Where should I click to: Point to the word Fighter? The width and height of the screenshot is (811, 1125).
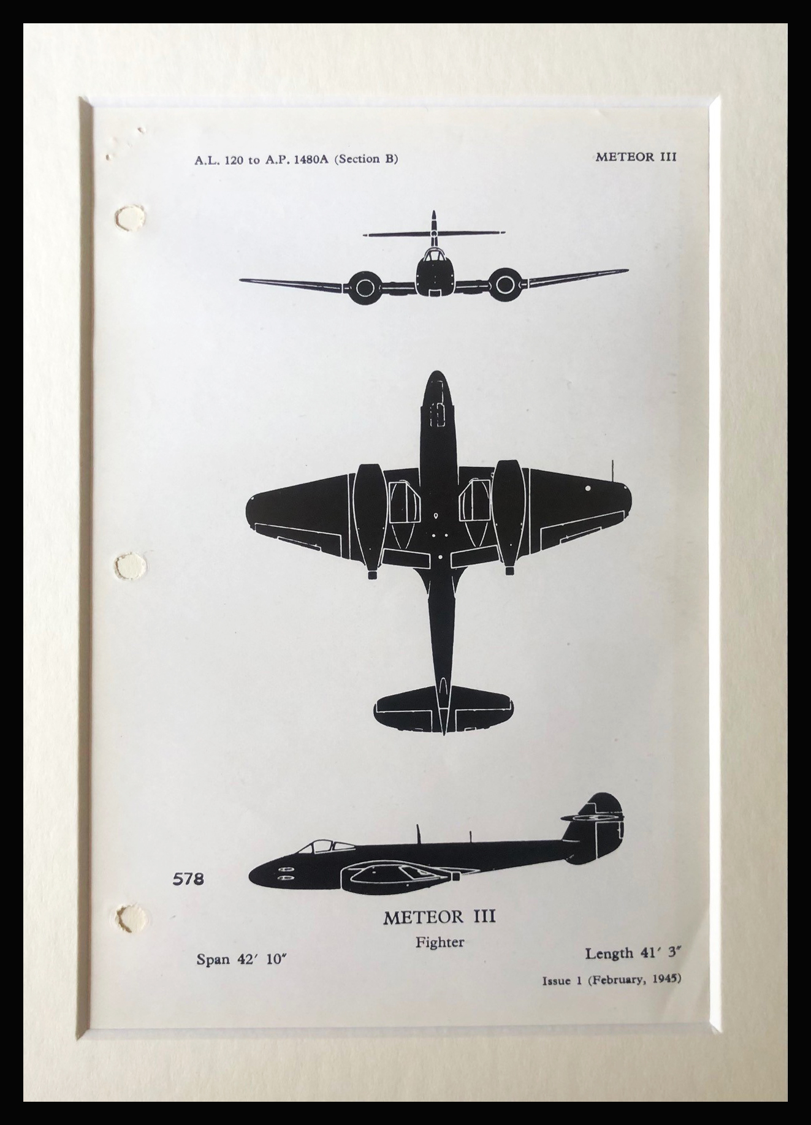pyautogui.click(x=440, y=942)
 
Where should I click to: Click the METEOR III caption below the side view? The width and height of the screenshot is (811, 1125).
pyautogui.click(x=440, y=917)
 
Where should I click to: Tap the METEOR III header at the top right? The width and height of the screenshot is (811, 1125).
pyautogui.click(x=636, y=156)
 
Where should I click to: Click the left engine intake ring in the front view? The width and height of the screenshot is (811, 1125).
pyautogui.click(x=363, y=286)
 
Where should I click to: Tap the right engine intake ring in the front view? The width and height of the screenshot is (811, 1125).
pyautogui.click(x=504, y=284)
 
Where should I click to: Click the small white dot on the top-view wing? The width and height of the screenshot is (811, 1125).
pyautogui.click(x=588, y=488)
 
